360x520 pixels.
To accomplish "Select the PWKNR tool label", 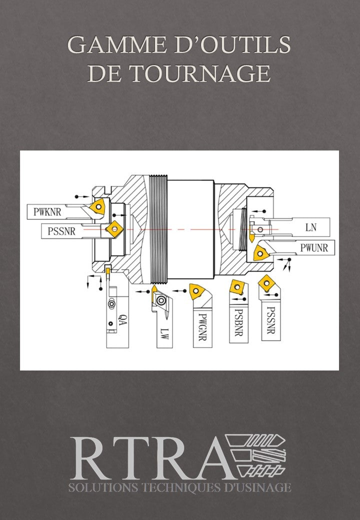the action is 47,211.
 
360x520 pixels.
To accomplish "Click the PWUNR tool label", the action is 314,247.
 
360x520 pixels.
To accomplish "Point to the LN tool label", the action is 311,227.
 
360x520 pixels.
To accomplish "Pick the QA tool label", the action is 122,319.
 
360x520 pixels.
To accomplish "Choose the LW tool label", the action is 165,333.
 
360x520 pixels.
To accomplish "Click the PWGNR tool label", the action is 202,327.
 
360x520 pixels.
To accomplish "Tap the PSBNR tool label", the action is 238,322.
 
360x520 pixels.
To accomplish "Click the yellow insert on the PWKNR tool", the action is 98,207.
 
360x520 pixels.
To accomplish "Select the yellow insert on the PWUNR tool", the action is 261,253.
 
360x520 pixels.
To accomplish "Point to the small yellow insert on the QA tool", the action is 107,271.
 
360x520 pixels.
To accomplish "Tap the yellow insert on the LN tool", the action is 251,238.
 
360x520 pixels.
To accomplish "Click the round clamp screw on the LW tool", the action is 161,300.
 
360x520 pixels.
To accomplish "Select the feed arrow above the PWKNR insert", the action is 82,196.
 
